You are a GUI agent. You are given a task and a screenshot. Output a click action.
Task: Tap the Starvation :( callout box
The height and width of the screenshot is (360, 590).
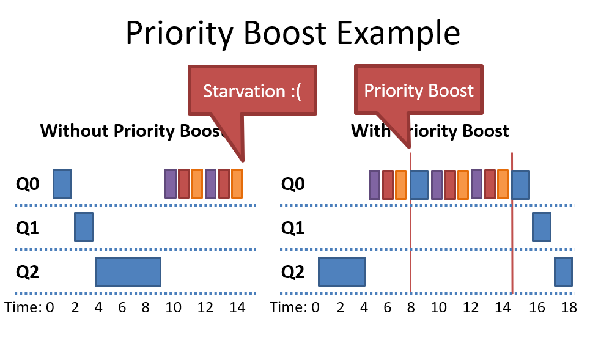253,91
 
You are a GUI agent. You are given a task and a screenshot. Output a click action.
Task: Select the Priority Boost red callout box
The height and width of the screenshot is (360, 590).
419,91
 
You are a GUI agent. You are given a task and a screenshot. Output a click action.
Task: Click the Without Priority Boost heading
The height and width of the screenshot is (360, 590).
131,131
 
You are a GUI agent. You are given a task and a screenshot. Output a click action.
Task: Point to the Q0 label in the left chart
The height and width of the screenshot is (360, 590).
28,183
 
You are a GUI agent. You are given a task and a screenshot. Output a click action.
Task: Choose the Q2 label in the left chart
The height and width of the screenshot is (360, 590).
28,271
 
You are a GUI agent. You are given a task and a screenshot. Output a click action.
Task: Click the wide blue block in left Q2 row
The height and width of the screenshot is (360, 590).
128,271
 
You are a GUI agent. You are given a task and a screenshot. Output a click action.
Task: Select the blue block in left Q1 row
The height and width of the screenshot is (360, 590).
84,227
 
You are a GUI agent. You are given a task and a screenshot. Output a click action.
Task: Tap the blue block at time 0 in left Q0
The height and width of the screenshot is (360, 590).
62,183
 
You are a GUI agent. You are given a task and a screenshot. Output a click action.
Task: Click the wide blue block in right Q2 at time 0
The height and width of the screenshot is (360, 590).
341,271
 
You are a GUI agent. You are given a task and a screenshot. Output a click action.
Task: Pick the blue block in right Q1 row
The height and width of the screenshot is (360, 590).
541,227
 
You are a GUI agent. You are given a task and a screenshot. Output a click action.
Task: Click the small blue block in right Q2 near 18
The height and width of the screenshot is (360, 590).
563,271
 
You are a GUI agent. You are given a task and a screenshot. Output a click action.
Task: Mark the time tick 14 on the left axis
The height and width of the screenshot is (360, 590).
237,307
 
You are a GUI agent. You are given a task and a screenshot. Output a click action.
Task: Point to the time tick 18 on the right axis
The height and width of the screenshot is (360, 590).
569,307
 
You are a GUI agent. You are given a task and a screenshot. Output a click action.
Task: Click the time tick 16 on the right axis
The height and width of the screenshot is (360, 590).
537,307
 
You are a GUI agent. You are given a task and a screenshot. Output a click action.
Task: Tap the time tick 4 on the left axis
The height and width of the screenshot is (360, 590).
98,307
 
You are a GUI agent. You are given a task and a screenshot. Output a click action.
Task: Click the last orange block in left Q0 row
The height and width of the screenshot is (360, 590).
237,183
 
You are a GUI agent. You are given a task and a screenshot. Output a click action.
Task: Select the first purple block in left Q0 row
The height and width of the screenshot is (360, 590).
171,183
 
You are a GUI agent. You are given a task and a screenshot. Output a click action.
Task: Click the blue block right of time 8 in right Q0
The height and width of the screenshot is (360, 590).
419,184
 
